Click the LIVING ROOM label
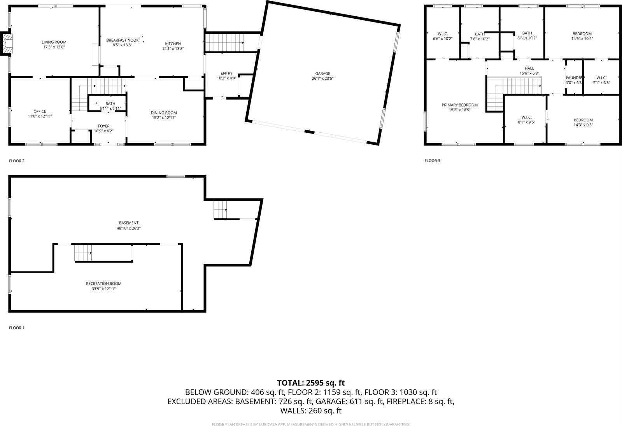point(54,42)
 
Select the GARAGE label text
point(322,74)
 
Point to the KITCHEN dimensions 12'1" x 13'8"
point(173,49)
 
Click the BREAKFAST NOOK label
point(123,40)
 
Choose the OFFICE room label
point(40,111)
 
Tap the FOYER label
point(103,126)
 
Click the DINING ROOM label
point(164,113)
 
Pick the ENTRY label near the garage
point(226,73)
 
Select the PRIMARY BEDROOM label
point(459,105)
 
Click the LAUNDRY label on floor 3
point(574,78)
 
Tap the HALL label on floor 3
point(529,68)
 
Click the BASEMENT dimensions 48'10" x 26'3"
point(129,228)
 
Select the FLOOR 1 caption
point(17,328)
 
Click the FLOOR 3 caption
point(432,161)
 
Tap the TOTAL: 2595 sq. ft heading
point(311,383)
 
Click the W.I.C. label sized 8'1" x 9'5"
point(527,117)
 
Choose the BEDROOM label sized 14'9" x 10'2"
point(582,34)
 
